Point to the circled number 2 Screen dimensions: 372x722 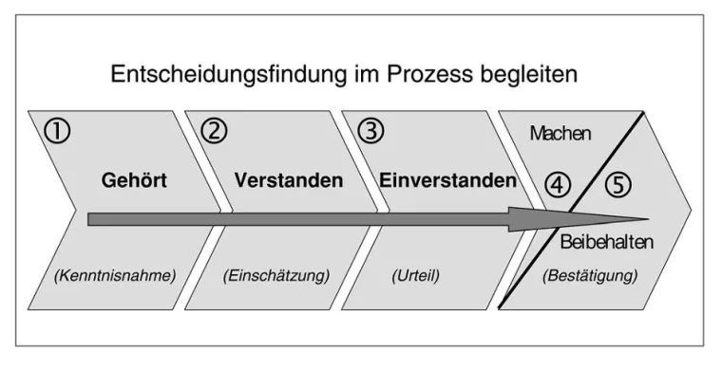pyautogui.click(x=216, y=131)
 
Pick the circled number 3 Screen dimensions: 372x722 pyautogui.click(x=370, y=131)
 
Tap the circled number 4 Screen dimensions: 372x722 pyautogui.click(x=558, y=185)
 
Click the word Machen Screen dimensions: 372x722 pyautogui.click(x=561, y=134)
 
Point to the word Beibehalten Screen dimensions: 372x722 pyautogui.click(x=606, y=243)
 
